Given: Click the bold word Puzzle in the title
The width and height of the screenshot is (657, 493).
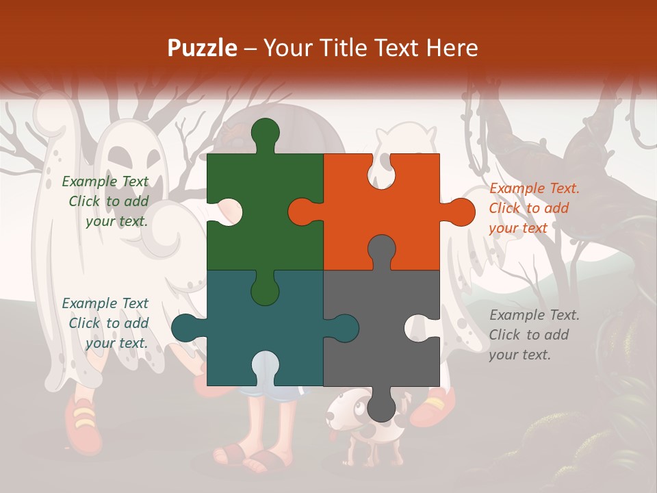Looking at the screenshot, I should tap(203, 48).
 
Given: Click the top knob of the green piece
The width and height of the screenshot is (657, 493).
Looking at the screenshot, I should tap(265, 134).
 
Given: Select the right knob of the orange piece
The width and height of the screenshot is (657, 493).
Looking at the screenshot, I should tap(459, 212).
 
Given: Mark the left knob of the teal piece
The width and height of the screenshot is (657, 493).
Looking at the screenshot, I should tap(185, 328).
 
